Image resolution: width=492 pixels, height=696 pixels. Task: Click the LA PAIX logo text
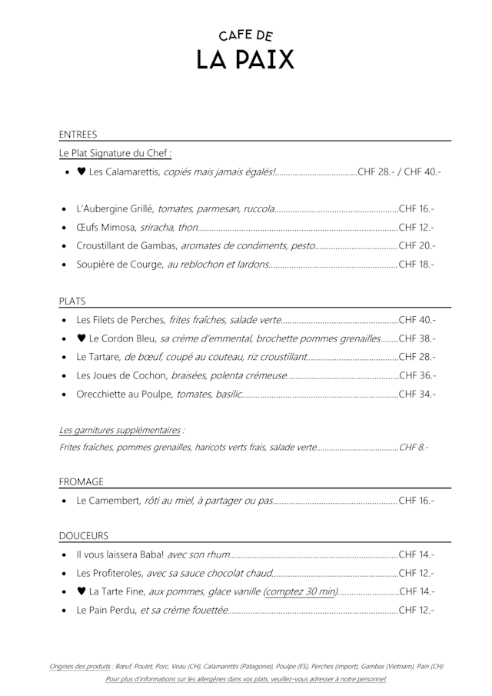[245, 59]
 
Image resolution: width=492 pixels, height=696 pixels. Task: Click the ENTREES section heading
[78, 134]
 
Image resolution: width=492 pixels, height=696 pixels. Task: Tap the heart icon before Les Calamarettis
[81, 172]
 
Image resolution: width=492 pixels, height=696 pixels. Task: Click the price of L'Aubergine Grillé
[417, 209]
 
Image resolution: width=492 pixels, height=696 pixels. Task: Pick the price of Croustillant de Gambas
[417, 246]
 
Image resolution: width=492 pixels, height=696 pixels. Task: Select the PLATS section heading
[72, 301]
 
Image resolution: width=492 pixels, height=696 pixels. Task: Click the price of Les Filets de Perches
[417, 320]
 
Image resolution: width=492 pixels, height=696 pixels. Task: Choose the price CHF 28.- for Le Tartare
[417, 357]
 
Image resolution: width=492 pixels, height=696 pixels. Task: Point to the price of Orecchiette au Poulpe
[417, 394]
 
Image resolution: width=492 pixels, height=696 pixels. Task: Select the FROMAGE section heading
[81, 481]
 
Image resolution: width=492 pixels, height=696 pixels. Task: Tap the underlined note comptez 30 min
[301, 591]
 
